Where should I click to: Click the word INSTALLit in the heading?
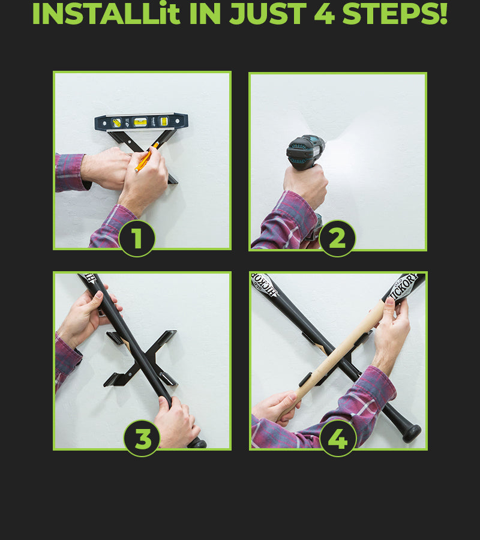tap(106, 13)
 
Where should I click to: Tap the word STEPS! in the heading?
tap(395, 13)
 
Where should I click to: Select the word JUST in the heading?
tap(268, 14)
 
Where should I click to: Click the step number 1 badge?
tap(137, 238)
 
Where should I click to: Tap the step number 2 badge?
tap(337, 238)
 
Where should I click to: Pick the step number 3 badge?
tap(142, 439)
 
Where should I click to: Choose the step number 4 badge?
tap(338, 439)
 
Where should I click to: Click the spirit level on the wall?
tap(142, 122)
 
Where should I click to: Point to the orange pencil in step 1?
tap(146, 157)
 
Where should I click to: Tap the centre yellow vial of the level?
tap(140, 122)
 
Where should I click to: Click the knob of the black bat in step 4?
tap(412, 433)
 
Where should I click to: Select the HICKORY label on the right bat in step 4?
tap(403, 287)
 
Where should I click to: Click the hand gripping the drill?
tap(306, 186)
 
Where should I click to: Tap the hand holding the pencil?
tap(145, 179)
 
